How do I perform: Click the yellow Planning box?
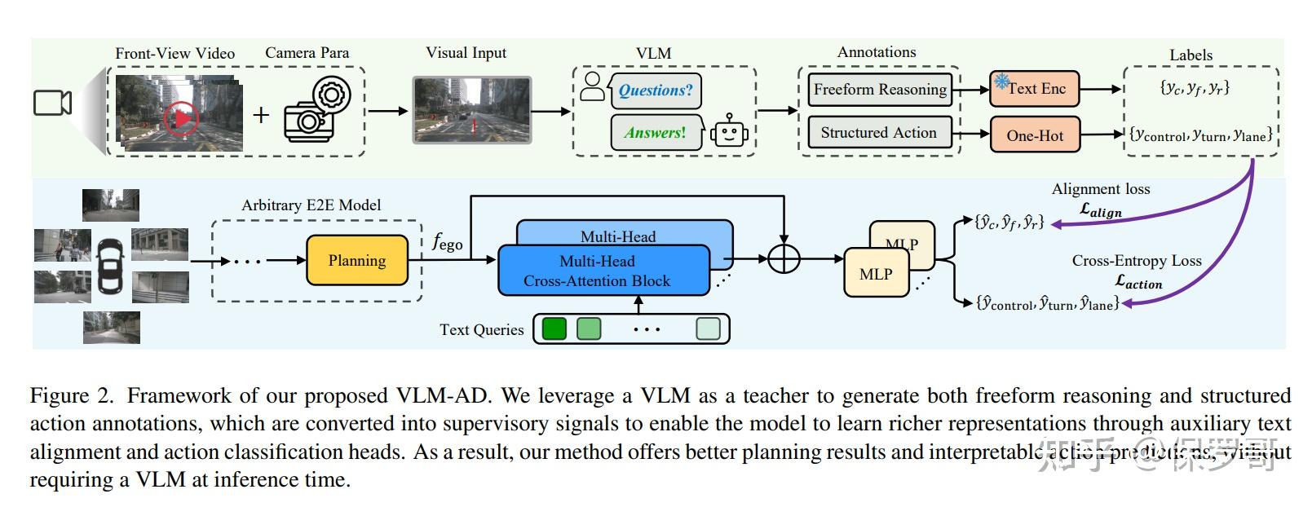tap(357, 260)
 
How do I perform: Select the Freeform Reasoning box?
tap(880, 90)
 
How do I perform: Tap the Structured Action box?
tap(879, 133)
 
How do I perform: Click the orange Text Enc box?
tap(1034, 89)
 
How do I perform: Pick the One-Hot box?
tap(1034, 135)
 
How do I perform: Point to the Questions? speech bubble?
tap(654, 90)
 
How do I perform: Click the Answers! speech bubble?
tap(655, 132)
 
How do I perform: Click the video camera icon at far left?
tap(52, 103)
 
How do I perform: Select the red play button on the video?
tap(181, 119)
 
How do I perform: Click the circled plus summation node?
tap(784, 259)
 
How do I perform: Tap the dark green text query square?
tap(554, 328)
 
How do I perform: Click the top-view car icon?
tap(110, 266)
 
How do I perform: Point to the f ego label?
tap(447, 241)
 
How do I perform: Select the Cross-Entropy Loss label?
tap(1136, 261)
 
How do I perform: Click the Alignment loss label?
tap(1100, 189)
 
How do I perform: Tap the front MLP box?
tap(875, 275)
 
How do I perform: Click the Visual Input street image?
tap(471, 110)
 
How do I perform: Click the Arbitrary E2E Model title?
tap(311, 205)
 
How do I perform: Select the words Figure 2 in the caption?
tap(72, 396)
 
